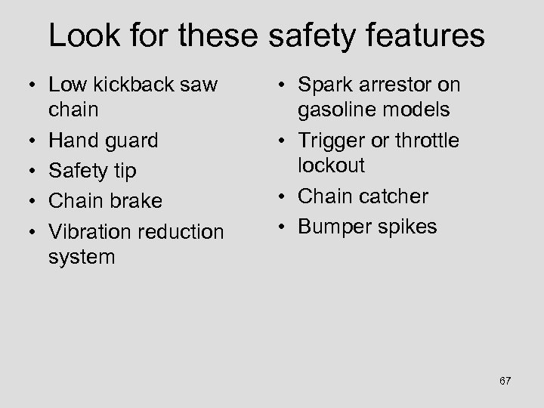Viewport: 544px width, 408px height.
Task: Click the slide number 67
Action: pos(505,381)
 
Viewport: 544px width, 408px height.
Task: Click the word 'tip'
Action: pos(122,172)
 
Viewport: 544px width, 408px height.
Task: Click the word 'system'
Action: pos(81,257)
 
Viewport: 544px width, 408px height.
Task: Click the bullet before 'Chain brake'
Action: pos(28,202)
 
